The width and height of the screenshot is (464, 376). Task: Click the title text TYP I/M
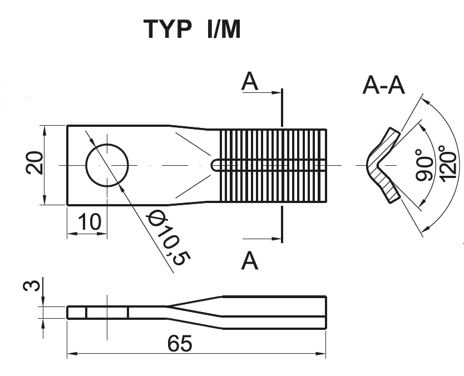pos(192,29)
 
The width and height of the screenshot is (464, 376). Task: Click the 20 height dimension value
pos(34,163)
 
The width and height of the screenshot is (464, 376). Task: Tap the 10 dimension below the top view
pos(90,222)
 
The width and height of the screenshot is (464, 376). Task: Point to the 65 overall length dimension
pos(180,343)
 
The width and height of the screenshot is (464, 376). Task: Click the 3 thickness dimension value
pos(32,285)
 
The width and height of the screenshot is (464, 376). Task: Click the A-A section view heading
pos(383,85)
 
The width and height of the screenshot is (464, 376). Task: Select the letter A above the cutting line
pos(250,81)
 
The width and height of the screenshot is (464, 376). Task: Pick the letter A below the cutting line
pos(250,261)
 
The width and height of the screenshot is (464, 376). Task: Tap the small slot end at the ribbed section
pos(215,165)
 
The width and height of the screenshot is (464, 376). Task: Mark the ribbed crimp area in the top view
pos(273,165)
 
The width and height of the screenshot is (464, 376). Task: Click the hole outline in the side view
pos(107,313)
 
